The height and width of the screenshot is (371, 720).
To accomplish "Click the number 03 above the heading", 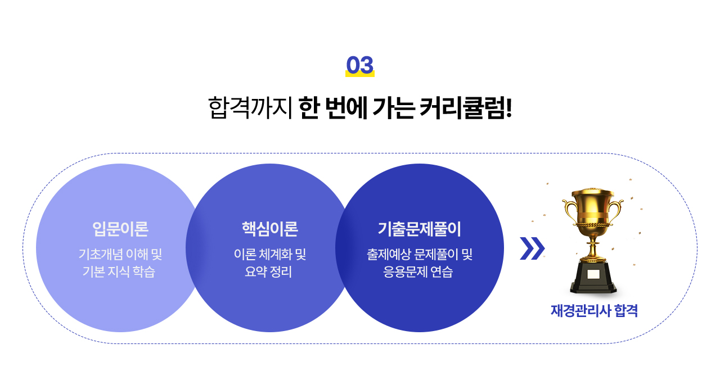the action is click(x=359, y=65).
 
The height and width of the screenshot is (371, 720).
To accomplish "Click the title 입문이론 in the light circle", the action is click(x=120, y=229).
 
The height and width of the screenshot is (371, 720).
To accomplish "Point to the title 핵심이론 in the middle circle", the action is click(x=270, y=229).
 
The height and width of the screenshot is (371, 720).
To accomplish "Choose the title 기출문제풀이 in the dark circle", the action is click(x=420, y=229).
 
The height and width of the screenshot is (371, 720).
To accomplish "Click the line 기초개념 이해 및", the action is click(x=120, y=255).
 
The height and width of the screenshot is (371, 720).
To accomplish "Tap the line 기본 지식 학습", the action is click(x=119, y=272).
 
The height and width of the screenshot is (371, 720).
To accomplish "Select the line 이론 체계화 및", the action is click(x=270, y=255).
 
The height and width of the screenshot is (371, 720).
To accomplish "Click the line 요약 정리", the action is click(x=268, y=272).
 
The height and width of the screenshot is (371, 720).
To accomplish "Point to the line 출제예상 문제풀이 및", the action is click(x=420, y=255).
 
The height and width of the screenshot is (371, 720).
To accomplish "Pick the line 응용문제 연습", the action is click(x=418, y=272).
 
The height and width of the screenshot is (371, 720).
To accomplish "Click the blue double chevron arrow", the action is click(x=532, y=248).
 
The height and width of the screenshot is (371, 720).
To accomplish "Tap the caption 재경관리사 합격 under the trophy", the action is click(x=594, y=311).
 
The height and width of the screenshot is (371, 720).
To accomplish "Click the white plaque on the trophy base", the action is click(x=593, y=274).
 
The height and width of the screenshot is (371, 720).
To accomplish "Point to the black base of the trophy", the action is click(x=593, y=277).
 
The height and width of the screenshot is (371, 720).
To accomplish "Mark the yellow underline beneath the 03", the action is click(x=359, y=75).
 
